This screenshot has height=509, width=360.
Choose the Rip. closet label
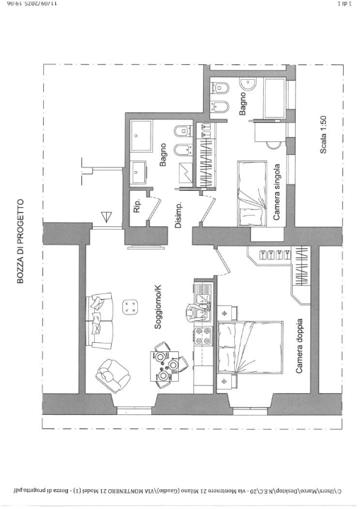coord(138,206)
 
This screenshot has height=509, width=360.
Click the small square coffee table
coord(130,306)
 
